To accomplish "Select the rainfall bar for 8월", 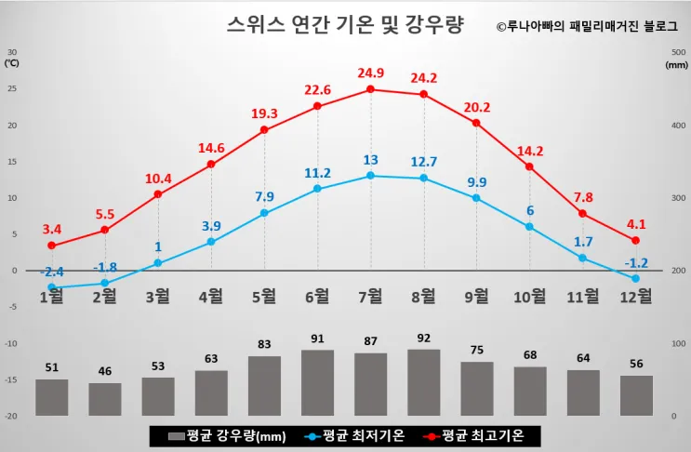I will (424, 382).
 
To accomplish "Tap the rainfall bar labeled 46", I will (105, 399).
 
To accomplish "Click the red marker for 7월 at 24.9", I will (371, 89).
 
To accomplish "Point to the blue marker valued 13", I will (371, 176).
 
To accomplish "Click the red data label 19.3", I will (265, 113).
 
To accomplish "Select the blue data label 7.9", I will (265, 196).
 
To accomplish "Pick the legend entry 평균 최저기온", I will (353, 435).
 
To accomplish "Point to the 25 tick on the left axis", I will (13, 89).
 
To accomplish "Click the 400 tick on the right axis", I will (677, 126).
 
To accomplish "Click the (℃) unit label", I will (12, 64).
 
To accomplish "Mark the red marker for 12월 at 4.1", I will (635, 241).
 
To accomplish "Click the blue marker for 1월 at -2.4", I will (52, 287).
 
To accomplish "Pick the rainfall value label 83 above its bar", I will (265, 345).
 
